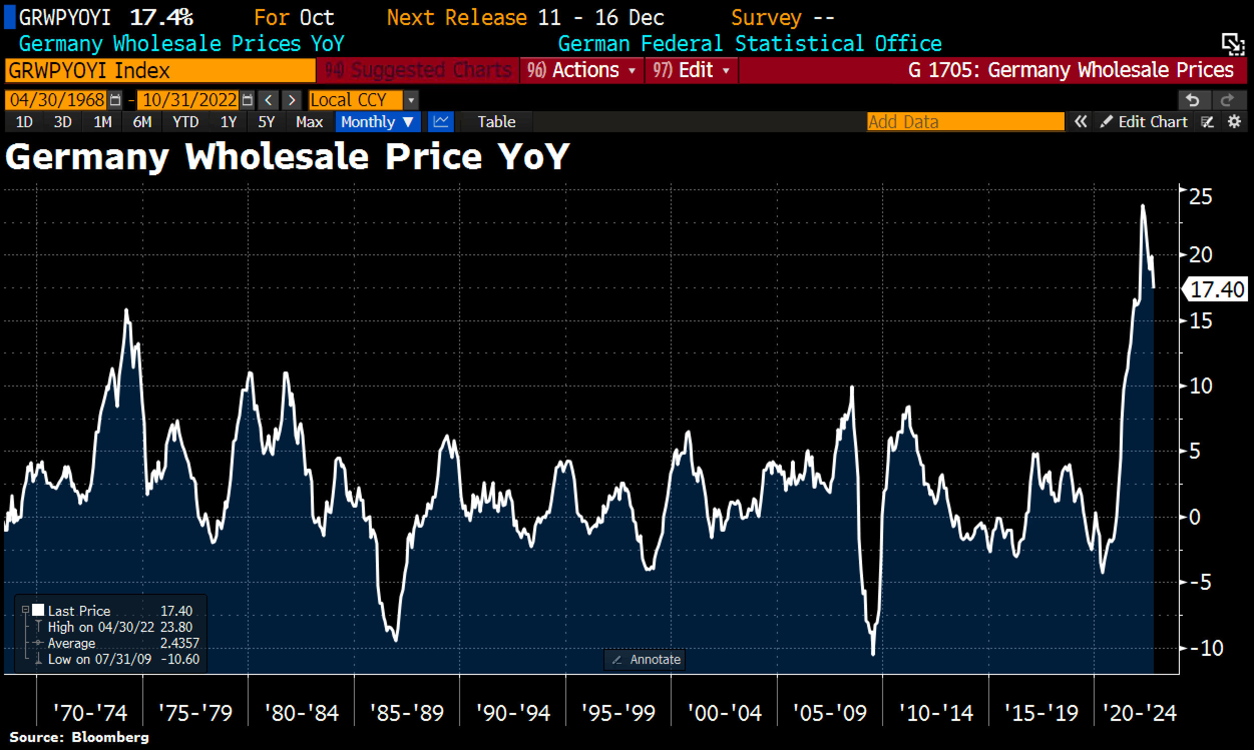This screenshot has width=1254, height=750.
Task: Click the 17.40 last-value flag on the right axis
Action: click(x=1216, y=289)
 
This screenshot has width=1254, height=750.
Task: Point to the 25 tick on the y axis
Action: click(x=1200, y=197)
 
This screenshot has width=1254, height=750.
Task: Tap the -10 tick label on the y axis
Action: click(x=1206, y=648)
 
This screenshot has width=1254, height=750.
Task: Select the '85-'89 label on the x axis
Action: click(x=406, y=713)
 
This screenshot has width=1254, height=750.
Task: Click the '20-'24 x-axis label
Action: click(x=1139, y=713)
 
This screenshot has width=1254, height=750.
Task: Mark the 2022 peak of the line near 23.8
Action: click(x=1143, y=206)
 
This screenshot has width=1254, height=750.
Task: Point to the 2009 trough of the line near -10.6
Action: click(x=873, y=654)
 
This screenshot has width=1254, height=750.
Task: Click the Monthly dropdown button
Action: click(x=377, y=122)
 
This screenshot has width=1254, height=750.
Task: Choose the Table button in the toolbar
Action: click(x=496, y=122)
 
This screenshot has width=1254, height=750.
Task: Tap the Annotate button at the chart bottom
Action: click(x=645, y=659)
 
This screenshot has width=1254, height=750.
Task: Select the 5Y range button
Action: click(x=266, y=122)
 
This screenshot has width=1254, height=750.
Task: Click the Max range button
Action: click(x=309, y=122)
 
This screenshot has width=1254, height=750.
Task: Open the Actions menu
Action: click(x=582, y=70)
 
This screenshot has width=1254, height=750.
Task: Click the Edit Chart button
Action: click(x=1144, y=122)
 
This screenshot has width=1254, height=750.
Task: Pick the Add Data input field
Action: click(x=965, y=122)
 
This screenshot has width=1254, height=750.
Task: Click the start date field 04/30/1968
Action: click(x=57, y=100)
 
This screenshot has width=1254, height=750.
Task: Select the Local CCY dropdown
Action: click(x=363, y=100)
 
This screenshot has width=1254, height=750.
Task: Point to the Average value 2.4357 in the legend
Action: click(x=179, y=643)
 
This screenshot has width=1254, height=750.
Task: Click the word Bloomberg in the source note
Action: click(x=110, y=737)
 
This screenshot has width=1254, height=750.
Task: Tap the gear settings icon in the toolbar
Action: click(x=1234, y=122)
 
